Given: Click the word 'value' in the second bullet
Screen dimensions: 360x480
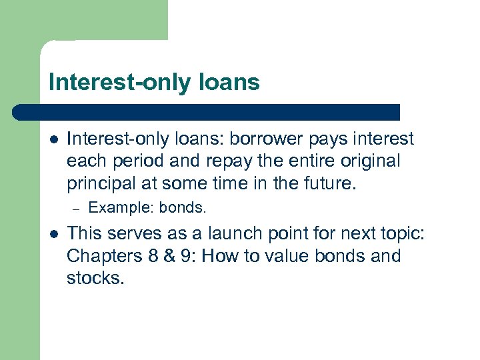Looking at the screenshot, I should (291, 255).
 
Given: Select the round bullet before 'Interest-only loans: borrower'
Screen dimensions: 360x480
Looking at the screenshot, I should (53, 140).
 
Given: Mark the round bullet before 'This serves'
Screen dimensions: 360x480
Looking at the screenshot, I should (53, 235).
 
